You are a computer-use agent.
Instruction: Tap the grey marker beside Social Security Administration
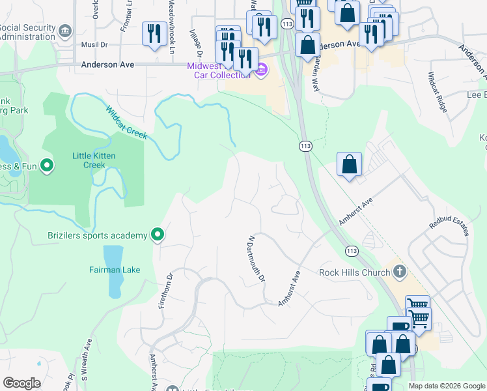pos(64,31)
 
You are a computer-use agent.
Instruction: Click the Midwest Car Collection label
pos(218,70)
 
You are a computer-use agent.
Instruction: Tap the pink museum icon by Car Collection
pos(261,70)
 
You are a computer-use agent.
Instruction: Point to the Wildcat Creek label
pos(127,123)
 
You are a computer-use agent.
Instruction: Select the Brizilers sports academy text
pos(97,235)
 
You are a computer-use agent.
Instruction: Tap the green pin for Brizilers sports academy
pos(157,234)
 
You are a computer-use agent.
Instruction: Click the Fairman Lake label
pos(115,270)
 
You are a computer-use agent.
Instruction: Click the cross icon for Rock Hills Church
pos(400,271)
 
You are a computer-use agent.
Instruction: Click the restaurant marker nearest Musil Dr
pos(153,33)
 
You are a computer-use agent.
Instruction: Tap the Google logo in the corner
pos(21,383)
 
